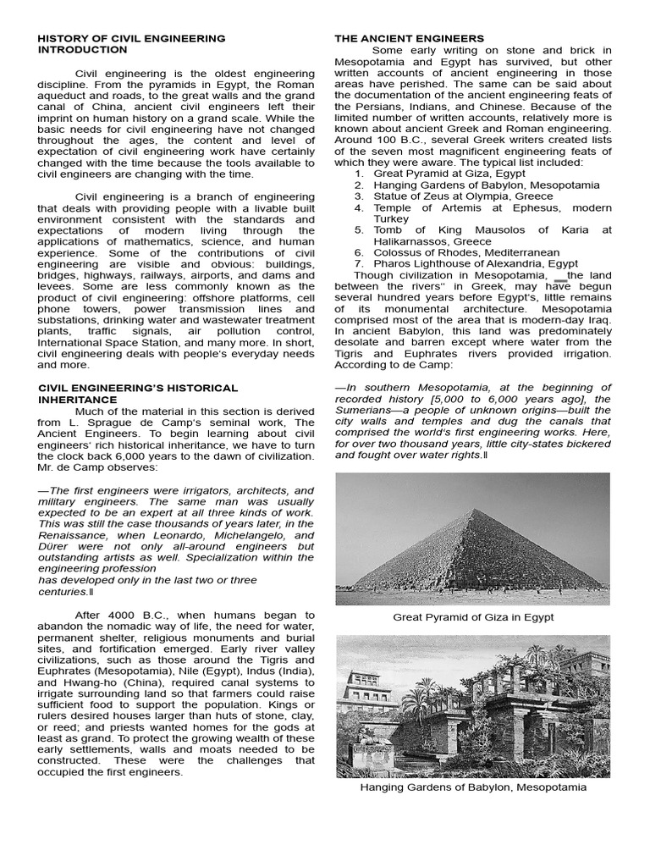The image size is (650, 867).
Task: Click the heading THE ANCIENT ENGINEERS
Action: (410, 38)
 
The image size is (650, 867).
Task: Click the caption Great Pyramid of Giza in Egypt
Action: (473, 617)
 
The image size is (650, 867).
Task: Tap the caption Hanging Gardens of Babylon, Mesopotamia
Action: (473, 787)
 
